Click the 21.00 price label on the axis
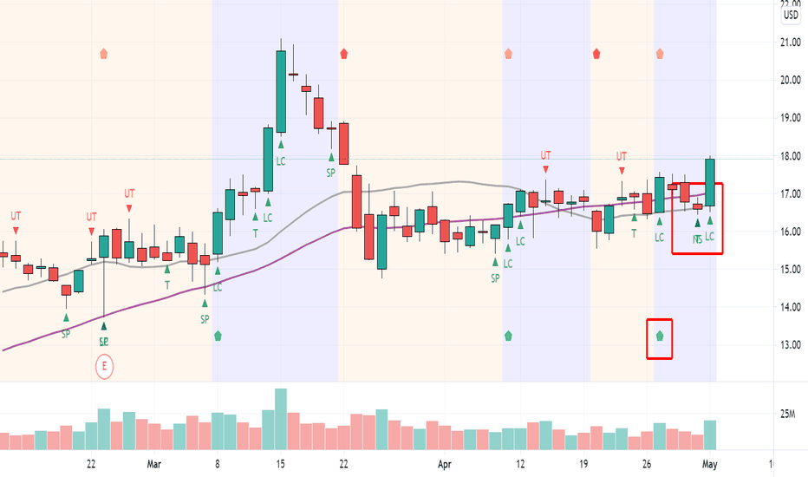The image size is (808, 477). pyautogui.click(x=791, y=42)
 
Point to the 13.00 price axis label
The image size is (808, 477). pyautogui.click(x=791, y=345)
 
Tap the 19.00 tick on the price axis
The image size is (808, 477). pyautogui.click(x=791, y=118)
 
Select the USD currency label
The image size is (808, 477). pyautogui.click(x=791, y=15)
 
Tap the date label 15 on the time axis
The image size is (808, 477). pyautogui.click(x=281, y=464)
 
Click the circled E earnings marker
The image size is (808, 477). pyautogui.click(x=105, y=366)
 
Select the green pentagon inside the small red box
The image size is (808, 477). pyautogui.click(x=661, y=336)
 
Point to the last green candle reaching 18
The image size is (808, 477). pyautogui.click(x=710, y=182)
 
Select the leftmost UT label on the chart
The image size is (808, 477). pyautogui.click(x=16, y=215)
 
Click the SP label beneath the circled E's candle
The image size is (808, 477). pyautogui.click(x=104, y=342)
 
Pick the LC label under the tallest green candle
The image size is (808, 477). pyautogui.click(x=281, y=161)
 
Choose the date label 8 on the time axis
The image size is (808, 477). pyautogui.click(x=218, y=464)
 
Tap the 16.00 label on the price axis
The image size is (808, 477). pyautogui.click(x=791, y=232)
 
